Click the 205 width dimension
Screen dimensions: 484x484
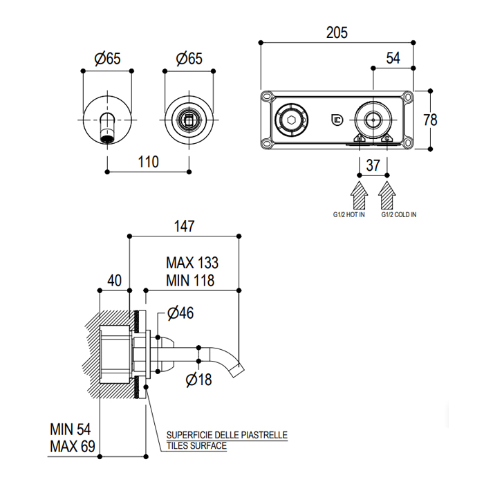point(337,32)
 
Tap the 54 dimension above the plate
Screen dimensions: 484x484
point(393,58)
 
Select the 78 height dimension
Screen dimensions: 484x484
point(430,119)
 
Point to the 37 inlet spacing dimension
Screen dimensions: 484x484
point(373,165)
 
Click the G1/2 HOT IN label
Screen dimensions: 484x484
point(348,215)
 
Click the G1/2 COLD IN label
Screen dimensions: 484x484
point(399,215)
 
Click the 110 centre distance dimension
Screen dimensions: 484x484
point(148,162)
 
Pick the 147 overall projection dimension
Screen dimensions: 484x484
point(185,226)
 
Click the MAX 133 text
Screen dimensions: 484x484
point(192,263)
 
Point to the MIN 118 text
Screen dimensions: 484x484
point(190,280)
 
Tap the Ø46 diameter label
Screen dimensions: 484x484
point(180,313)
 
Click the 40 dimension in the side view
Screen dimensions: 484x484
point(114,280)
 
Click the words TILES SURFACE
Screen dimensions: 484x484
point(197,446)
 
